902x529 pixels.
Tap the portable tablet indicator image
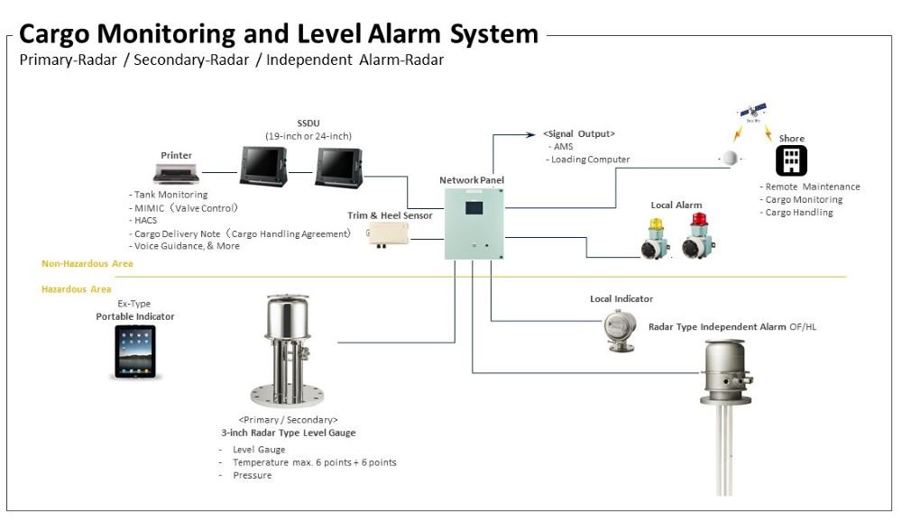tap(134, 351)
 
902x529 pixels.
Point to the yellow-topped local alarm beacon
tap(657, 238)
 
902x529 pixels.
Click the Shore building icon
tap(791, 160)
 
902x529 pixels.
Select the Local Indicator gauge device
tap(621, 328)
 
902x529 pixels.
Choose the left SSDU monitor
tap(262, 166)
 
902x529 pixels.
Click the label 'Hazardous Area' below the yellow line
tap(77, 289)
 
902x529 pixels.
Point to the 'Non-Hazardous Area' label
tap(87, 264)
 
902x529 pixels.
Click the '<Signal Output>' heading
tap(578, 133)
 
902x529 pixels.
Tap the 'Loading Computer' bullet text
tap(591, 160)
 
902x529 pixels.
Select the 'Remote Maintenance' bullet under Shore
tap(813, 187)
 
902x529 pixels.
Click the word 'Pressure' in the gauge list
tap(252, 475)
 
